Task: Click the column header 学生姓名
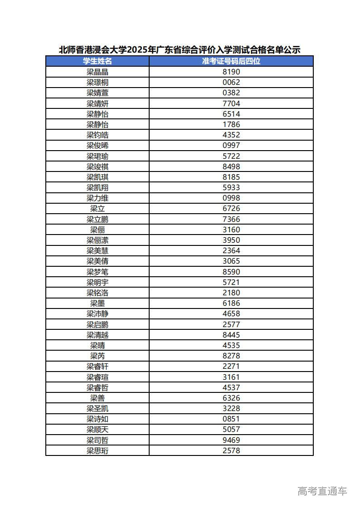97,61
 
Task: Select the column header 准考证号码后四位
231,61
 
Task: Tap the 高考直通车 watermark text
322,491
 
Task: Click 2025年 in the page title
141,50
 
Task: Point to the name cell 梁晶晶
97,72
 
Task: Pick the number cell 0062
231,82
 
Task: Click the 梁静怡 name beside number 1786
97,124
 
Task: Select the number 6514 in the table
231,114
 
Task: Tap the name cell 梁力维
97,198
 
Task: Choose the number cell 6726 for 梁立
231,209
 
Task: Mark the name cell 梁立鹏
97,219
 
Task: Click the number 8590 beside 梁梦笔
231,272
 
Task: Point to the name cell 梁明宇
97,282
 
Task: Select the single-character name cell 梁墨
97,303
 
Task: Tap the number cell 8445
231,335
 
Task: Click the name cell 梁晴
97,345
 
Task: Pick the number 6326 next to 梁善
231,398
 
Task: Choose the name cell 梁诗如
97,419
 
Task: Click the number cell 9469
231,440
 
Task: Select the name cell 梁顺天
97,429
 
